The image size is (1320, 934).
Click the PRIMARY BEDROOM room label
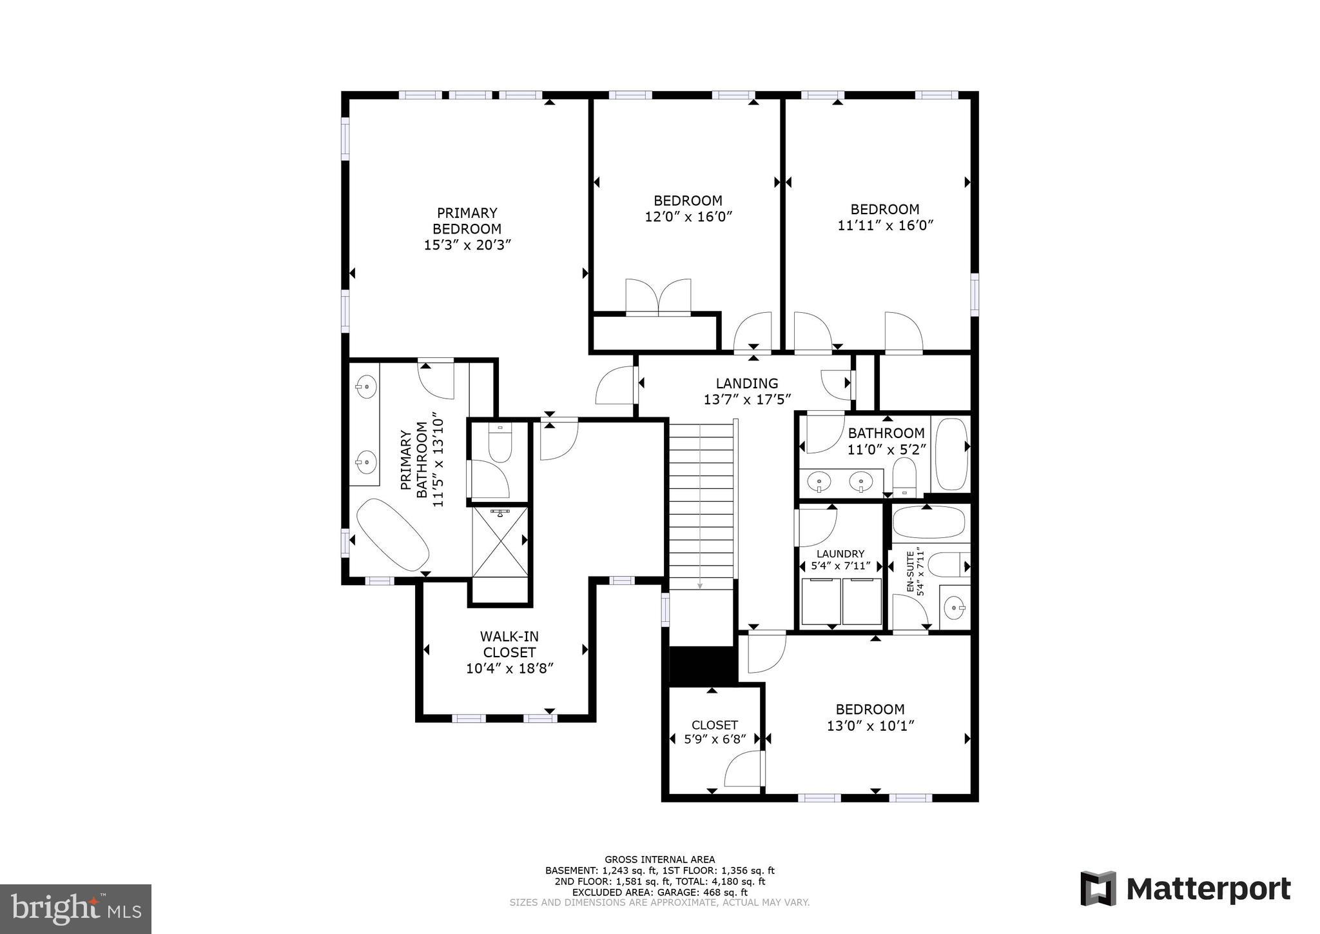[467, 221]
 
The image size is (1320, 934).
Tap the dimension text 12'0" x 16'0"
[688, 217]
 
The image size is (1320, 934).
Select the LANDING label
[746, 383]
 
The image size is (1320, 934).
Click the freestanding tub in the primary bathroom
[393, 535]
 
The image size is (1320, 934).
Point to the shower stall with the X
[500, 542]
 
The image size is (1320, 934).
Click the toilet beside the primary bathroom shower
[500, 443]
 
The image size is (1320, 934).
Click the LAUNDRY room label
[840, 553]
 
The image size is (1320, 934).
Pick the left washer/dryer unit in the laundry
[820, 601]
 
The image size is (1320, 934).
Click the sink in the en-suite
[954, 607]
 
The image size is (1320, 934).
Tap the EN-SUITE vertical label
[911, 571]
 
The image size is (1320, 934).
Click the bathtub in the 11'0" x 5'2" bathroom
[951, 453]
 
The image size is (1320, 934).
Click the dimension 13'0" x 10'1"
[870, 726]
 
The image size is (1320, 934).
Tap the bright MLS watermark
[75, 909]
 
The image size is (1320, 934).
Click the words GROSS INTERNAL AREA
[659, 859]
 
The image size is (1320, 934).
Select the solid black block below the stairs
[703, 664]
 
